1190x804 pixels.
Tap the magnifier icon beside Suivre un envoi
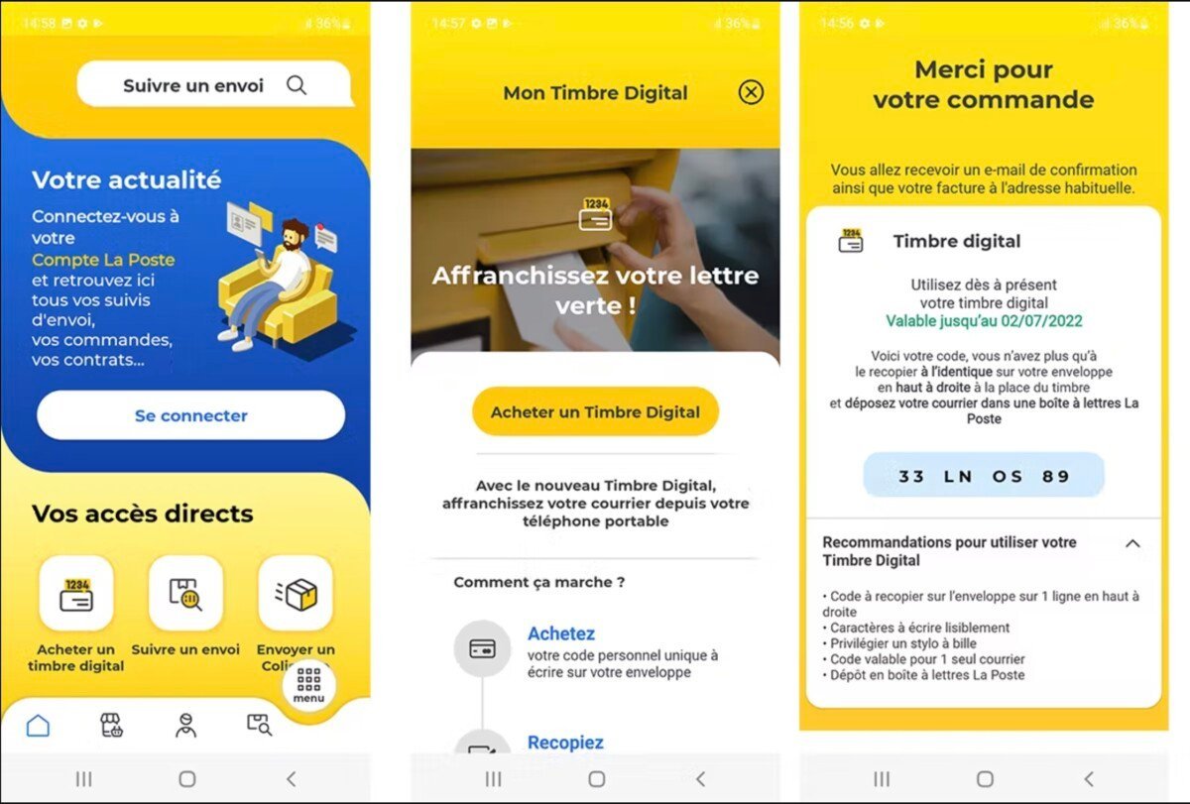[297, 85]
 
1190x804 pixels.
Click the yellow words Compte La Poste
[103, 260]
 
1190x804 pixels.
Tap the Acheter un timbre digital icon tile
[76, 593]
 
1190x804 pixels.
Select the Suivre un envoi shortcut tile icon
[185, 593]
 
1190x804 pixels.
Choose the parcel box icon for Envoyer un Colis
[296, 593]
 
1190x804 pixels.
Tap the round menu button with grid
[308, 685]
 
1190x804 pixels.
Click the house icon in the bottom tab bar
[38, 726]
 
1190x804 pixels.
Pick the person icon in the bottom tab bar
[186, 726]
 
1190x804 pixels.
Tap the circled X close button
[751, 92]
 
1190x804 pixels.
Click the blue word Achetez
[561, 633]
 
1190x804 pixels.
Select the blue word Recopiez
[565, 743]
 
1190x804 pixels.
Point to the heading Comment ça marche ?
[538, 582]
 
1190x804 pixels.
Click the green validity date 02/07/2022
[1041, 321]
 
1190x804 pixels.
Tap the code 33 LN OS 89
[984, 476]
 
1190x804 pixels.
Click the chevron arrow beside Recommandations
[1132, 543]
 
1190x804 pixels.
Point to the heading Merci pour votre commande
[984, 84]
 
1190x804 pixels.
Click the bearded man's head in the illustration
[294, 234]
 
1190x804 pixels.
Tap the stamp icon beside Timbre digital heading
[851, 241]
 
